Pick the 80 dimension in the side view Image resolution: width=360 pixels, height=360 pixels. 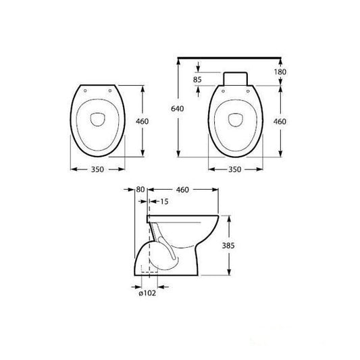[x=140, y=190]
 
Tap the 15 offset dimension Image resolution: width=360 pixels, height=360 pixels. [x=164, y=201]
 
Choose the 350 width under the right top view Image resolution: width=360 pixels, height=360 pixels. [x=234, y=171]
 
